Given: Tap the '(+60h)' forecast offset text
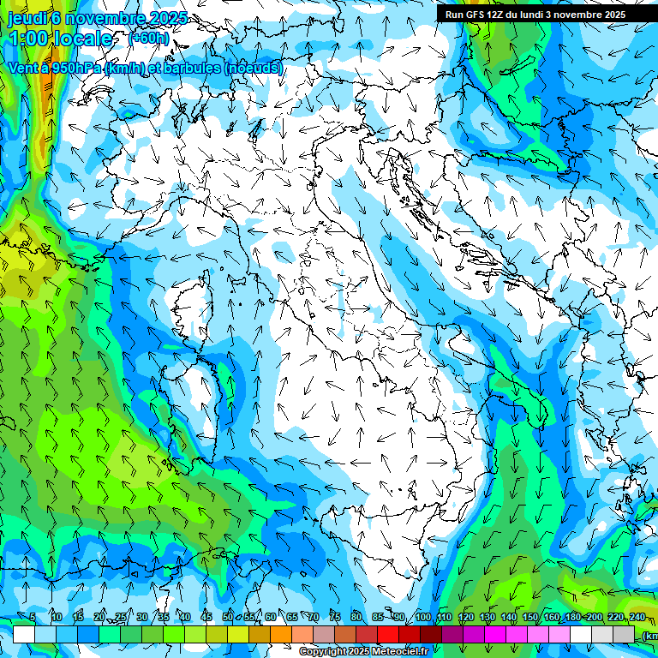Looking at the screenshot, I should click(148, 39).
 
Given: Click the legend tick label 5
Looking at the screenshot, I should click(33, 617).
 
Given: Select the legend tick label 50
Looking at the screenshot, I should click(228, 617).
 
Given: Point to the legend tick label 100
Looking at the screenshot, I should click(423, 617).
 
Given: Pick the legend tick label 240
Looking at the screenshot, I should click(637, 617).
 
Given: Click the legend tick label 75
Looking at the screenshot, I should click(335, 617).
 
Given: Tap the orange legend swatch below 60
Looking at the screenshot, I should click(281, 634).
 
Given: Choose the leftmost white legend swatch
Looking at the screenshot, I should click(24, 634).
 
